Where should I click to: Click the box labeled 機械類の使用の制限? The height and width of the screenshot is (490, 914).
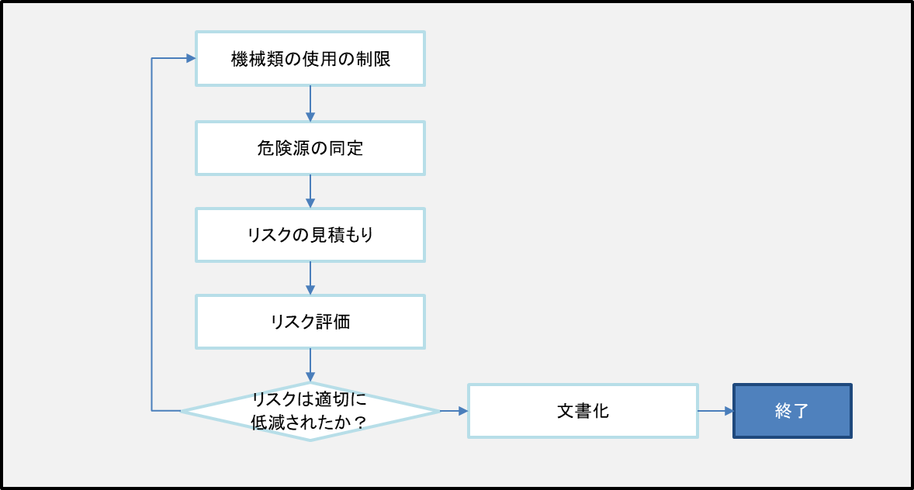pos(310,58)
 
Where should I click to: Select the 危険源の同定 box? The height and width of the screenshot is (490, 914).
pos(310,148)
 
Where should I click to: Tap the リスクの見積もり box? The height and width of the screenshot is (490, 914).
pos(310,235)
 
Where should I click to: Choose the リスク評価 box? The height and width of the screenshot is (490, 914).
pos(310,322)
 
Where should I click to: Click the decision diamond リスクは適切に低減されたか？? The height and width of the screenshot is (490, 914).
pos(310,411)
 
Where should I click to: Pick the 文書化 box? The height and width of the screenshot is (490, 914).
pos(583,411)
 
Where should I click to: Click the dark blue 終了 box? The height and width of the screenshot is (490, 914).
pos(792,411)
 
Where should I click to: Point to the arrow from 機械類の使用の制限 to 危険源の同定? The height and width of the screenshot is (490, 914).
pos(310,103)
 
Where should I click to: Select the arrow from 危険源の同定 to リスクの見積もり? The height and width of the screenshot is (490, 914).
pos(310,192)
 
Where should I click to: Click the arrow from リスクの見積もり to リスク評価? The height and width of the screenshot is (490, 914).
pos(310,278)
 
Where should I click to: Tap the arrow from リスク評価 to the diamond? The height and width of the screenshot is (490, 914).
pos(310,365)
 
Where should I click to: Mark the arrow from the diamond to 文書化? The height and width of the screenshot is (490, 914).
pos(454,411)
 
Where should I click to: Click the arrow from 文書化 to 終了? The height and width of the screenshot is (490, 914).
pos(715,411)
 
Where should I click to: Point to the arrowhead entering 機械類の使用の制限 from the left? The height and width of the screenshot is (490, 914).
pos(191,58)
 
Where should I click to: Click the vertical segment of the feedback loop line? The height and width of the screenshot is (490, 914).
pos(152,233)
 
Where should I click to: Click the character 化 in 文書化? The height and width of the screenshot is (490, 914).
pos(601,411)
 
